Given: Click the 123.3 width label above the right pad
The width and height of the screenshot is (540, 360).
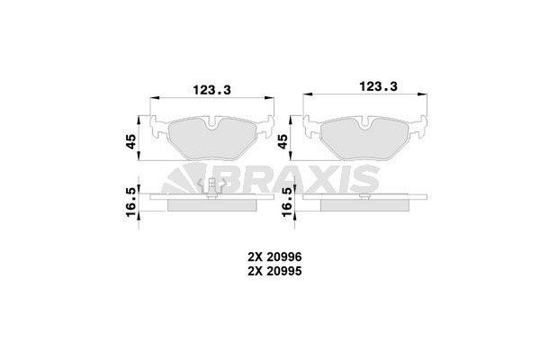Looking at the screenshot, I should point(379,85).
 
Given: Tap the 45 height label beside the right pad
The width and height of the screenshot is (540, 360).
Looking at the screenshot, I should point(283,140).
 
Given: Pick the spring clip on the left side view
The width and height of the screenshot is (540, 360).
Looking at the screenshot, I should point(212,188).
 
